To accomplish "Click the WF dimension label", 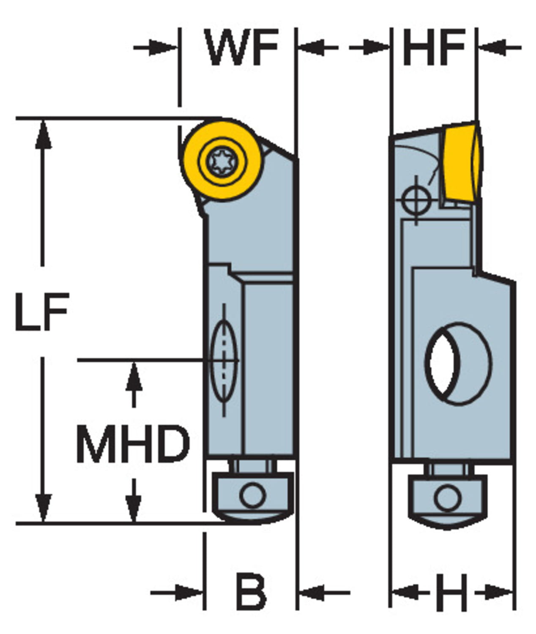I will point(242,47).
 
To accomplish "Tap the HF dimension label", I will point(434,47).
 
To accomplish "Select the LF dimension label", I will point(41,312).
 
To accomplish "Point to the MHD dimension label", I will point(133,444).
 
